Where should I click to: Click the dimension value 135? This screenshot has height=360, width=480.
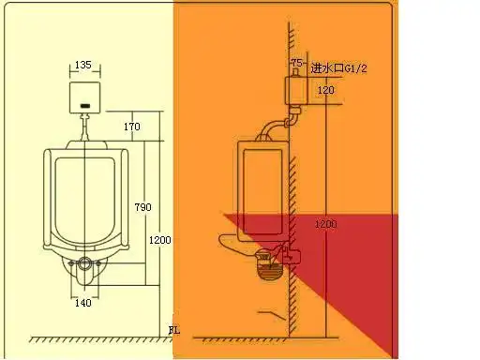(83, 66)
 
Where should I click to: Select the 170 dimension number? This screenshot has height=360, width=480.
(132, 126)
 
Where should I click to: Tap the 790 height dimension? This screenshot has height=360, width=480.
(142, 207)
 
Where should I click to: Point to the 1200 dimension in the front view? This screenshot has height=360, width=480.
(159, 241)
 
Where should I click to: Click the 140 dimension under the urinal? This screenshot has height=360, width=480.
(83, 303)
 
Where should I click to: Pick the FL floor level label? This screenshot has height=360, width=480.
(173, 330)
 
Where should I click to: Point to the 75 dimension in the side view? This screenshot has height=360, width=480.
(297, 63)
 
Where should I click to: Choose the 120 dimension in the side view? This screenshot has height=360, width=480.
(325, 90)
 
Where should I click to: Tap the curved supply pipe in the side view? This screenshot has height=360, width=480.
(275, 125)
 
